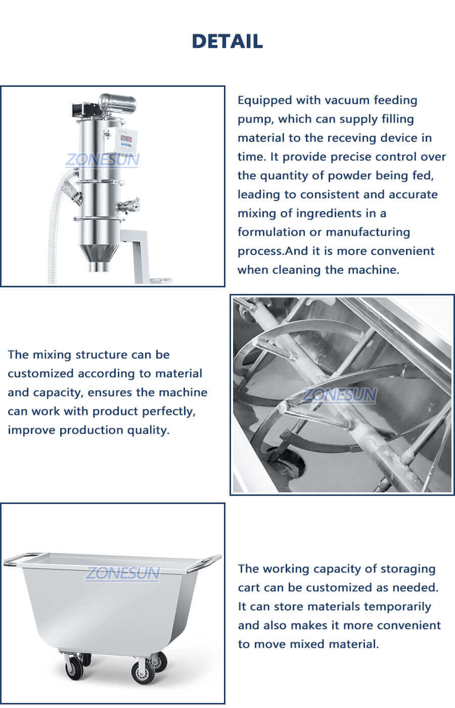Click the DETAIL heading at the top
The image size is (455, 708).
point(227,41)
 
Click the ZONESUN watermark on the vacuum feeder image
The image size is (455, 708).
point(103,160)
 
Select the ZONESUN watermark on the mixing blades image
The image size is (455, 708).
point(340,394)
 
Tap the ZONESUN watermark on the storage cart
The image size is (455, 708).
point(122,573)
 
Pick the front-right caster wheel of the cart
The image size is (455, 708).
point(141,672)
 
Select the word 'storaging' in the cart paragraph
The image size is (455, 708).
point(408,569)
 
